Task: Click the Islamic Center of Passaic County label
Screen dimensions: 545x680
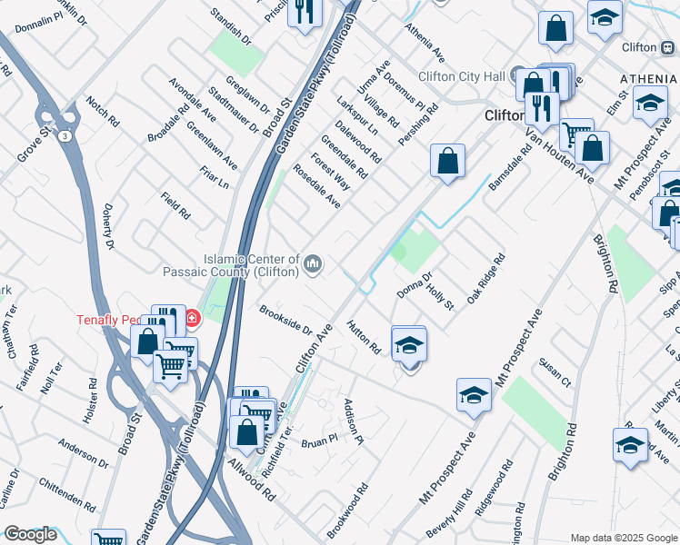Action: pyautogui.click(x=233, y=263)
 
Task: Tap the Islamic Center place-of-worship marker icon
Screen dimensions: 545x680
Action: pyautogui.click(x=314, y=263)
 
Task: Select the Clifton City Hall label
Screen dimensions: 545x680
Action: pyautogui.click(x=460, y=77)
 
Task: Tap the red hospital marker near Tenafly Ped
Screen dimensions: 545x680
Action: pyautogui.click(x=192, y=318)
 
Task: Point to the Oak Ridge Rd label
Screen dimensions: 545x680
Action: pyautogui.click(x=485, y=279)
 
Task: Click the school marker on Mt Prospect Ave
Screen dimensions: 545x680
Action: pyautogui.click(x=474, y=395)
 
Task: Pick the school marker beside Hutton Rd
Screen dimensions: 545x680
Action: pyautogui.click(x=409, y=345)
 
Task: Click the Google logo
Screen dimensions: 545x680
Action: pyautogui.click(x=30, y=534)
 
